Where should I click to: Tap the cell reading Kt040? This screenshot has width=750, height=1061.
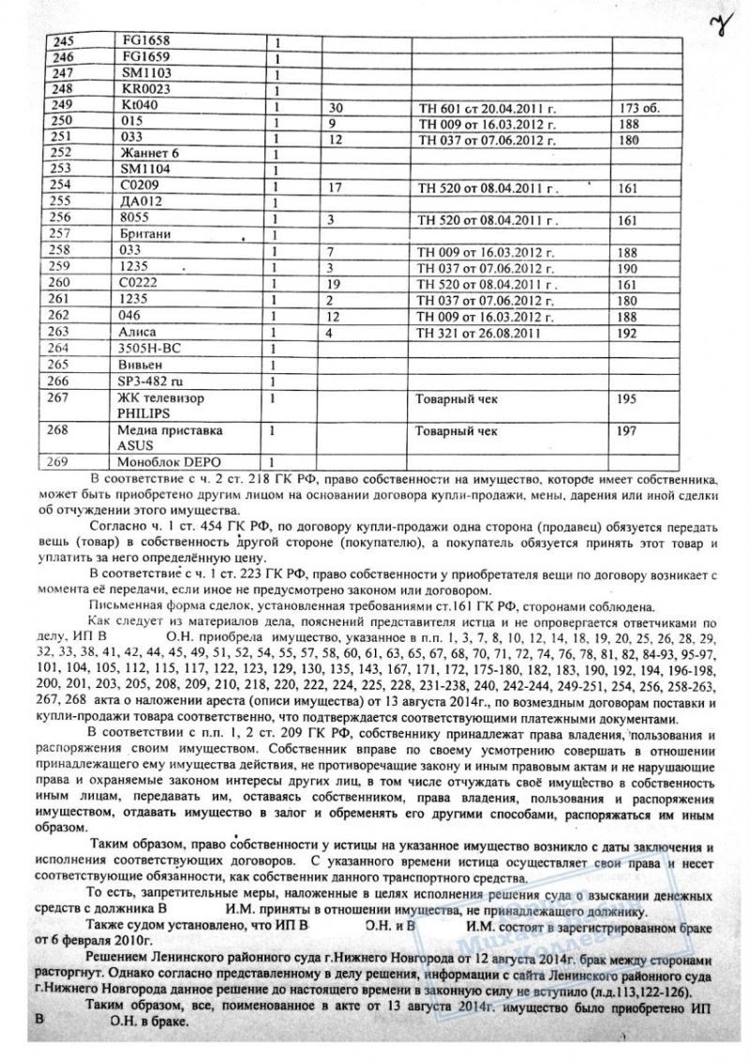(138, 107)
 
